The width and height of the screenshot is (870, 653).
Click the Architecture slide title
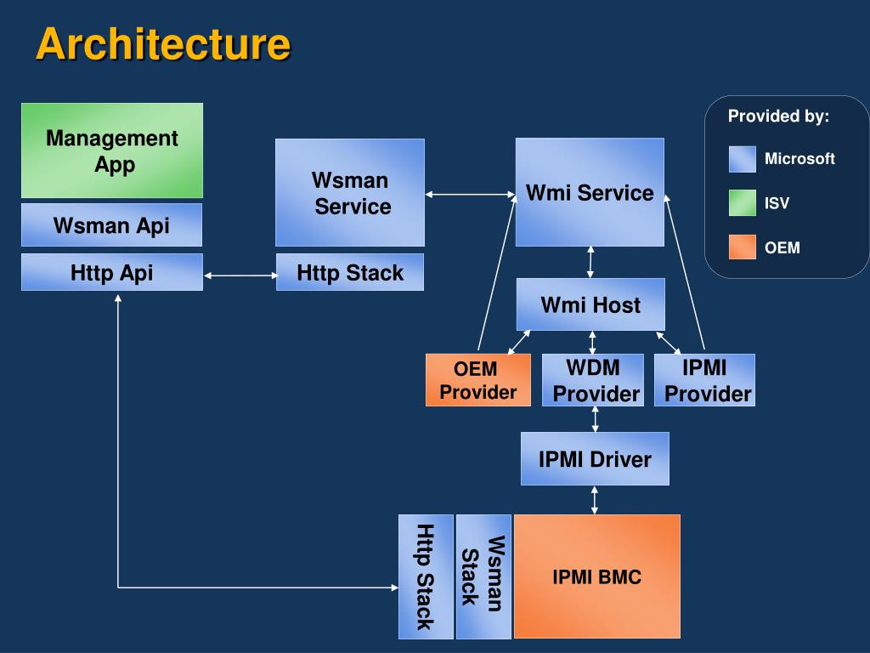click(163, 44)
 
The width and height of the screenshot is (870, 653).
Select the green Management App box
click(112, 150)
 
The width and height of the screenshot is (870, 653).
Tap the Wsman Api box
click(111, 224)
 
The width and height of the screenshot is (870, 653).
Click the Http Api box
click(112, 272)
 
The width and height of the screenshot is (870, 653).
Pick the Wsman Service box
click(350, 193)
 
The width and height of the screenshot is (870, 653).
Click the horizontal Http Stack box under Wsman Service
click(350, 272)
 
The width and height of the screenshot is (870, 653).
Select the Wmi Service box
click(590, 192)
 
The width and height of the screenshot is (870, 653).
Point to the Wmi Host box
click(590, 304)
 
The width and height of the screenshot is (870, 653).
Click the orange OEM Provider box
click(478, 380)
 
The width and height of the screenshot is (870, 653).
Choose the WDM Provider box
click(593, 380)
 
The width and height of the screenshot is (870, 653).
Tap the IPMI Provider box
click(704, 380)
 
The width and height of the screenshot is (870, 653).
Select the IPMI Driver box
click(595, 458)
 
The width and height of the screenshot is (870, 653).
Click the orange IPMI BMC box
click(597, 576)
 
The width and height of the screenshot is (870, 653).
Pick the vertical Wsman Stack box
click(483, 576)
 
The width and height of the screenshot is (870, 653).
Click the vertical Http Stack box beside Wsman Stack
click(427, 576)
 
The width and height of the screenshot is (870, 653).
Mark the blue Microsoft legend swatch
click(743, 159)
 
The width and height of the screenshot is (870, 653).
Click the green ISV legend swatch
click(743, 202)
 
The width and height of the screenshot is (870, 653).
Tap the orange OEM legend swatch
click(743, 247)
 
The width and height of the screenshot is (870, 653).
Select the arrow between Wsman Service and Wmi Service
click(471, 195)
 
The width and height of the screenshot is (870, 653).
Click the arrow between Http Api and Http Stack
click(240, 275)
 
